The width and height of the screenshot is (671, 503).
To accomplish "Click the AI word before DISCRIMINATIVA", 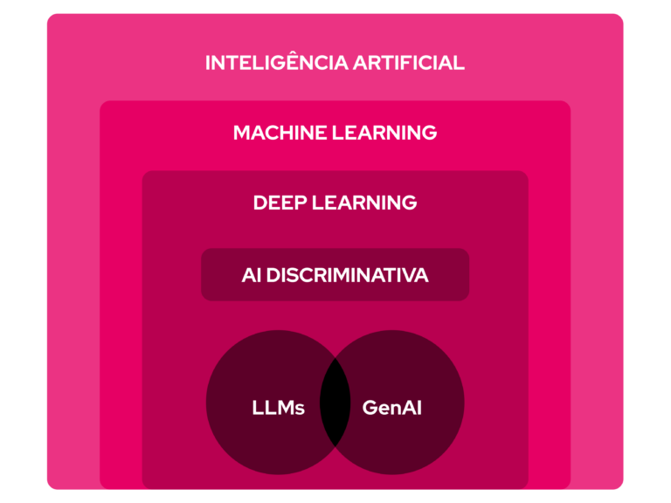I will pyautogui.click(x=252, y=275).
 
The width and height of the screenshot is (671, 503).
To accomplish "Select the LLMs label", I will pyautogui.click(x=278, y=407).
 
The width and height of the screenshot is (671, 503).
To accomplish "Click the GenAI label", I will pyautogui.click(x=391, y=407).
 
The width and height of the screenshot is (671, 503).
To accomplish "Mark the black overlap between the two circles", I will pyautogui.click(x=335, y=403).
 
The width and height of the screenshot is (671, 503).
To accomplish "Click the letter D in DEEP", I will pyautogui.click(x=260, y=203).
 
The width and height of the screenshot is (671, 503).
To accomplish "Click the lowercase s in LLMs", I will pyautogui.click(x=300, y=409).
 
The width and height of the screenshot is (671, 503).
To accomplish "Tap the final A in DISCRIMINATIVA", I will pyautogui.click(x=421, y=275).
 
